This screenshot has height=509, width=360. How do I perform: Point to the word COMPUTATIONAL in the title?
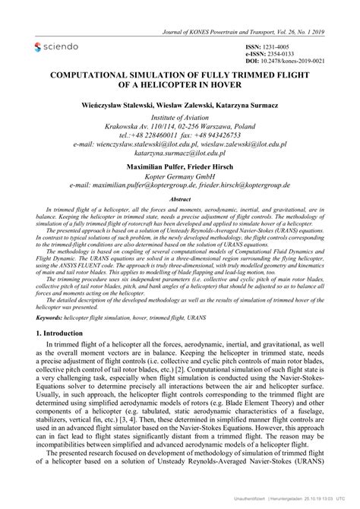(x=90, y=77)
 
